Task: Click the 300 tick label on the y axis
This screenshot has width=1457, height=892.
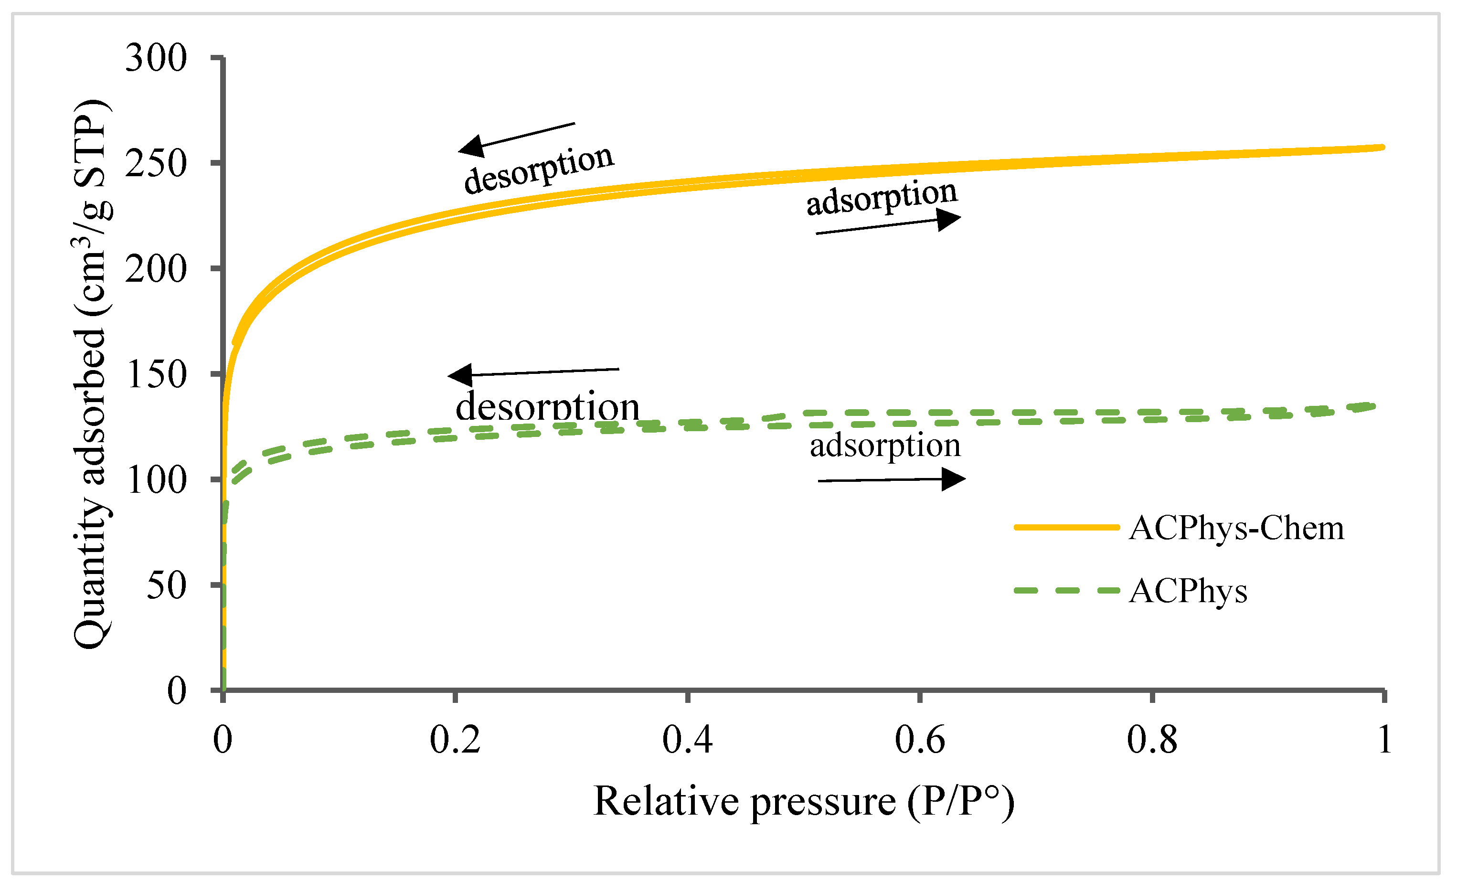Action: pyautogui.click(x=156, y=59)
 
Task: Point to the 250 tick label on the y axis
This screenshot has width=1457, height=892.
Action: pyautogui.click(x=156, y=164)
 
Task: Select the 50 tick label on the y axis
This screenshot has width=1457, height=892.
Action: pyautogui.click(x=166, y=586)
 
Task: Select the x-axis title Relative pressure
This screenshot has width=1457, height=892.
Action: pyautogui.click(x=804, y=802)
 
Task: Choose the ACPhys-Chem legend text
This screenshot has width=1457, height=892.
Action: pyautogui.click(x=1236, y=528)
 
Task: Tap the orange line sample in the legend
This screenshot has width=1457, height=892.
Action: pyautogui.click(x=1067, y=527)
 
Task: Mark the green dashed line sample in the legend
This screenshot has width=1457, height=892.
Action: pyautogui.click(x=1067, y=590)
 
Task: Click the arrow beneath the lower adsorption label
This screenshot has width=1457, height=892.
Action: pyautogui.click(x=891, y=479)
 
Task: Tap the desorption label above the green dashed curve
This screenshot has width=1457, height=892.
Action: pyautogui.click(x=547, y=407)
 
